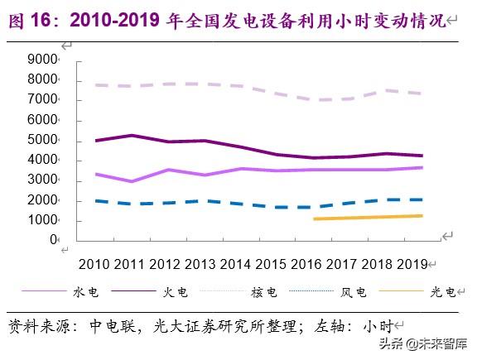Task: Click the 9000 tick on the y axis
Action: coord(41,60)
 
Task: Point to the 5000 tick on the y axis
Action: coord(41,141)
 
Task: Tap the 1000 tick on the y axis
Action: coord(41,221)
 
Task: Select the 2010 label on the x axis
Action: coord(95,264)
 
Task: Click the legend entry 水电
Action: coord(87,292)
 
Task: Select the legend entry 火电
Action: coord(176,292)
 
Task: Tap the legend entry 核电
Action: coord(266,292)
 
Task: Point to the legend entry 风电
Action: coord(354,292)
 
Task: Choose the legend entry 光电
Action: coord(444,292)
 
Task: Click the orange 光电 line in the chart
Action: coord(373,218)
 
